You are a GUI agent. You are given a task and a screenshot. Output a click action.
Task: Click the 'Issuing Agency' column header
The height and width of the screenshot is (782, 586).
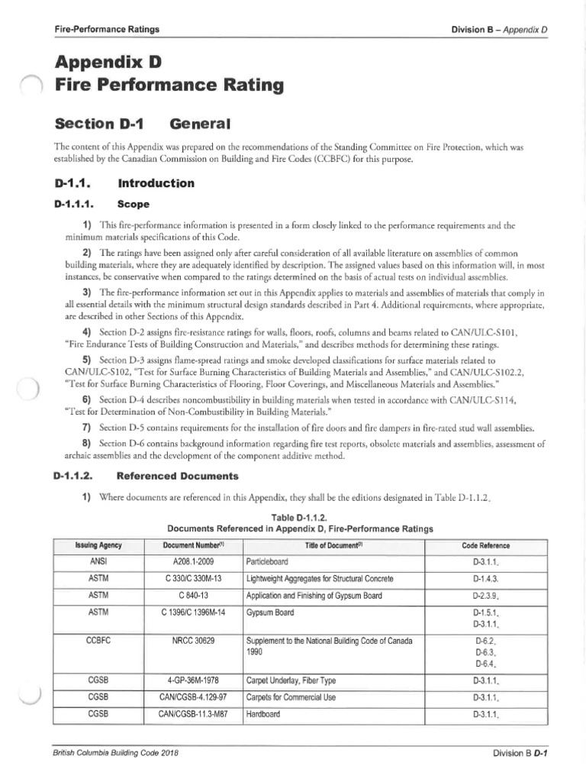[x=98, y=545]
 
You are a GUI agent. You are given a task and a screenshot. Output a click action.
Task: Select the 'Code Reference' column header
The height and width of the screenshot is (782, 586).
[x=486, y=545]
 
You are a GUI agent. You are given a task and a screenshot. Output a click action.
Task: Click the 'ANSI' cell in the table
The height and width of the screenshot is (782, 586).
[x=98, y=561]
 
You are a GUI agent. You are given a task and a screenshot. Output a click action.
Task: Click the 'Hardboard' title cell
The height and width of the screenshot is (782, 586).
[x=263, y=714]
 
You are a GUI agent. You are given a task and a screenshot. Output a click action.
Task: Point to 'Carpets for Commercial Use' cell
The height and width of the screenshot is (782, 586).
[x=290, y=696]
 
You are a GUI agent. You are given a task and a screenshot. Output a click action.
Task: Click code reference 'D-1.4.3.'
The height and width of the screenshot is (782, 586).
[x=486, y=578]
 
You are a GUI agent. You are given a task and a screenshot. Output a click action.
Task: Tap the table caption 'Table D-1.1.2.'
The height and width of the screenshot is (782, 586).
[x=299, y=516]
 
